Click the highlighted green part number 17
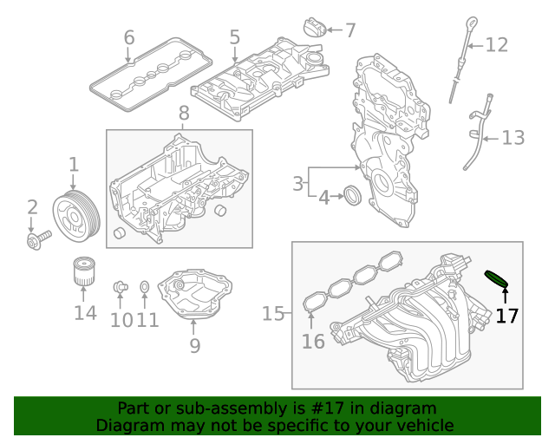[496, 278]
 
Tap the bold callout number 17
[506, 316]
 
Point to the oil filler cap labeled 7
[313, 28]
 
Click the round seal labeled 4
[352, 196]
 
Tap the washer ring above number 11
[145, 286]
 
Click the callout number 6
[129, 37]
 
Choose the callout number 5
[235, 37]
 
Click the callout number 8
[183, 113]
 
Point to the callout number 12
[496, 44]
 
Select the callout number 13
[513, 137]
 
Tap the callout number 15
[273, 313]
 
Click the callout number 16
[313, 342]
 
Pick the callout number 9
[194, 345]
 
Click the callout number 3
[297, 183]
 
